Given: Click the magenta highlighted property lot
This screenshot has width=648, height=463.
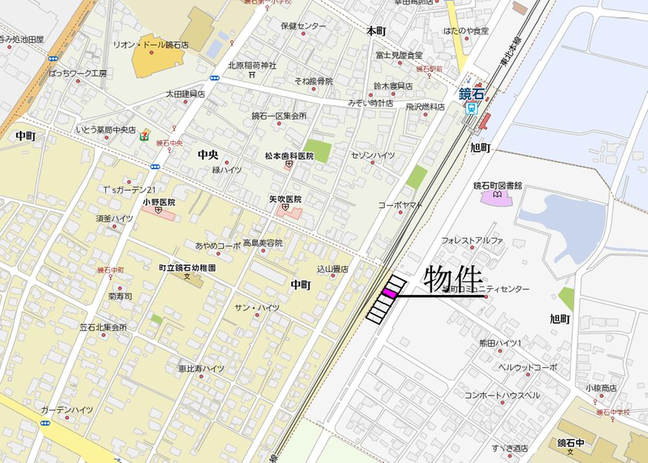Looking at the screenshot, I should [x=389, y=294].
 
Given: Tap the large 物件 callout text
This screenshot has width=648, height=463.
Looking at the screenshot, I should [x=453, y=280].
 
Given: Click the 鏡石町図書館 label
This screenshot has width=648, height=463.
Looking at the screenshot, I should [x=498, y=185].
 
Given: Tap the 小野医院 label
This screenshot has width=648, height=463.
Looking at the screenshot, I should [x=159, y=202].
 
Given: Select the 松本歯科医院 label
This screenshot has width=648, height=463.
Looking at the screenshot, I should [x=289, y=156].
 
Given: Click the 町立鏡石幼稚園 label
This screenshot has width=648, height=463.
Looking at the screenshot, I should [x=187, y=267].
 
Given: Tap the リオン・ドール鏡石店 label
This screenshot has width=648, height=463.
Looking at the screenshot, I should [x=150, y=45].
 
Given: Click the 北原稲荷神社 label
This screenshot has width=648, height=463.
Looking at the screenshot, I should [x=252, y=65].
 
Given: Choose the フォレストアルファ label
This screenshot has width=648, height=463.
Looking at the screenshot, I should [x=472, y=240].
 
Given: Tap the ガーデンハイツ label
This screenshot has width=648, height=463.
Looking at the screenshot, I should [x=67, y=410].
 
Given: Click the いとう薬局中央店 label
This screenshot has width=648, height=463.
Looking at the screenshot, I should [x=106, y=130].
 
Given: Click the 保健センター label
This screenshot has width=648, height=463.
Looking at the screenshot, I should [x=303, y=26].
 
